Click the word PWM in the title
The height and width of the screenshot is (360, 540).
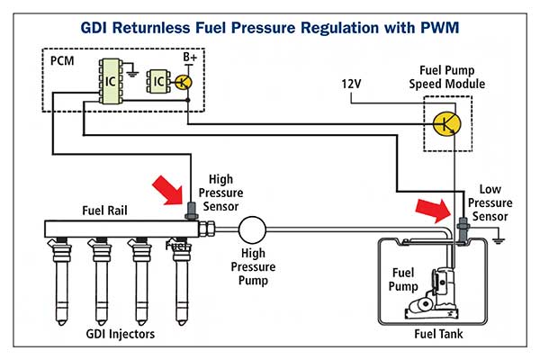440,28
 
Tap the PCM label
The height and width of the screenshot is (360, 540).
62,61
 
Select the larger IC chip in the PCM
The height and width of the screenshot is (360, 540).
110,82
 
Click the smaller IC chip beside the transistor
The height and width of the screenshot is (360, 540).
158,82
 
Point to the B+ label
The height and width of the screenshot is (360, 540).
189,58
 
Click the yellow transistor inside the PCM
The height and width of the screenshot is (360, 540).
184,83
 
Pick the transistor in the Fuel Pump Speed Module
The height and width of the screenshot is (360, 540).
446,123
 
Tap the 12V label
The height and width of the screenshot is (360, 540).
351,84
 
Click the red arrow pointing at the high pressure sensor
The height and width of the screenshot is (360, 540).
168,190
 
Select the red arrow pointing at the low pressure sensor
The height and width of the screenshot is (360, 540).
433,210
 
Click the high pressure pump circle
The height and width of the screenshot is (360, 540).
252,229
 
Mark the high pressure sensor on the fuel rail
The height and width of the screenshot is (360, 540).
191,211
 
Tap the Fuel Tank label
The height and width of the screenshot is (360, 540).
438,334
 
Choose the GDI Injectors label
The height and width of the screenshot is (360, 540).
121,334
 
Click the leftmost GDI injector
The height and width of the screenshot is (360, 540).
61,282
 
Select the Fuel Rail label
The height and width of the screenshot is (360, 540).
104,211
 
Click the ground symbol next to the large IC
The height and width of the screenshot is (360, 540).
132,73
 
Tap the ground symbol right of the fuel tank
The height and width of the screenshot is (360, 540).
498,241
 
